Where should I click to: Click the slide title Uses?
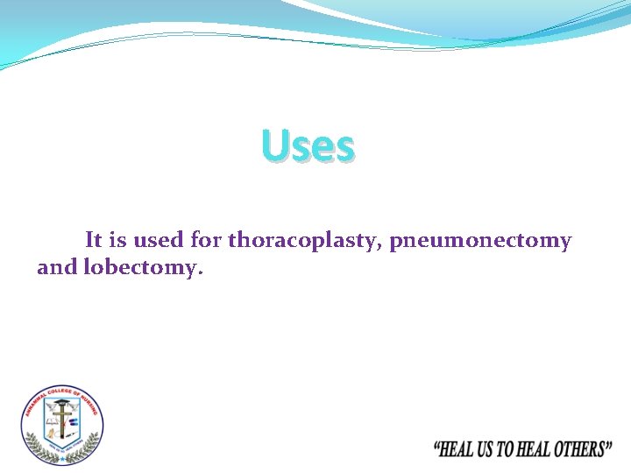(x=308, y=146)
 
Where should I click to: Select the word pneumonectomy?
(x=480, y=240)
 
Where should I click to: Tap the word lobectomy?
(x=142, y=268)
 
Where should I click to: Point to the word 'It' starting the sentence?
(x=94, y=239)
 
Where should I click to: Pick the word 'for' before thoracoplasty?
(x=206, y=239)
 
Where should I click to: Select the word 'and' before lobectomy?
(x=57, y=268)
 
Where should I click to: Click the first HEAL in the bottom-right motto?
(x=456, y=450)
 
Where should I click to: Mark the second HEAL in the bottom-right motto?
(x=535, y=450)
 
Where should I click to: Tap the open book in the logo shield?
(x=52, y=421)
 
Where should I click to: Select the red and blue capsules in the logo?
(x=73, y=421)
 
